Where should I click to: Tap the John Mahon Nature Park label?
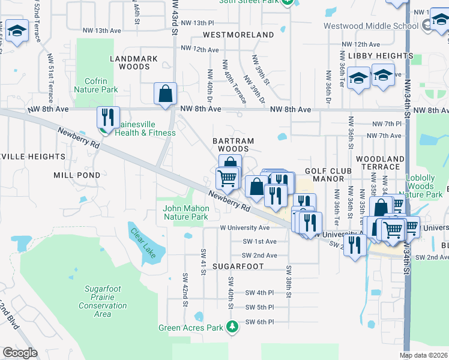click(185, 212)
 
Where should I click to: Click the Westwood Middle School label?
click(370, 26)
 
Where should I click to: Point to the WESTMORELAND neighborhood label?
click(238, 35)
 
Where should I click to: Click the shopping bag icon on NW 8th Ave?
click(165, 94)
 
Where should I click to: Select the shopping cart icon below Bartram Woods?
click(227, 178)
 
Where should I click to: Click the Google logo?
click(20, 352)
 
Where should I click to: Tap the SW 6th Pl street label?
click(259, 322)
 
